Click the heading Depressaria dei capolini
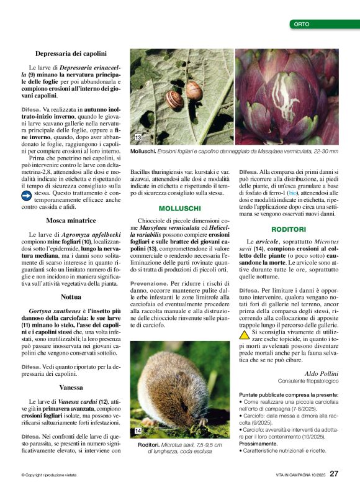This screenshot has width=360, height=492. [x=71, y=54]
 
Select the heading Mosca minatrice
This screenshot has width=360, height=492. [x=71, y=221]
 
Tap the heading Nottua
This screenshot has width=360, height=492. [x=71, y=297]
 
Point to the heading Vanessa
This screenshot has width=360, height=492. [x=71, y=386]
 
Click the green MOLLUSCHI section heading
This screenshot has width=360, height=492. [x=179, y=208]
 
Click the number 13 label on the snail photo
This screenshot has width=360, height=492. [x=138, y=137]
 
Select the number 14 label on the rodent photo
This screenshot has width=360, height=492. [x=138, y=430]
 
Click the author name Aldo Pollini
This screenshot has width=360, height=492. [x=322, y=373]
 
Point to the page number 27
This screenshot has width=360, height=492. [x=334, y=473]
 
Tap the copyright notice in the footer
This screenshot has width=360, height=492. [x=50, y=475]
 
